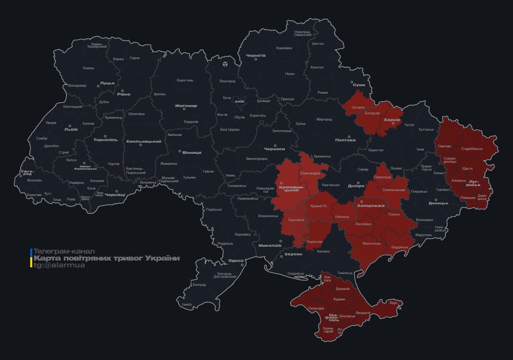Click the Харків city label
coord(392,120)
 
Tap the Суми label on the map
coord(359,85)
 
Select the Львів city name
coord(71,130)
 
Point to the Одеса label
coord(236,261)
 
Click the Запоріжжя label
coord(371,205)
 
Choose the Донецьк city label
coord(438,203)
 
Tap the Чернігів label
coord(256,55)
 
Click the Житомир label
coord(186,105)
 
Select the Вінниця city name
coord(192,152)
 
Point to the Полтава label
coord(346,140)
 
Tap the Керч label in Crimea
coord(393,303)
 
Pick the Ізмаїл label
coord(187,304)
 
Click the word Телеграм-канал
coord(64,251)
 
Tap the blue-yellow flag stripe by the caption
coord(31,258)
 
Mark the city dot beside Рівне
coord(123,90)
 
